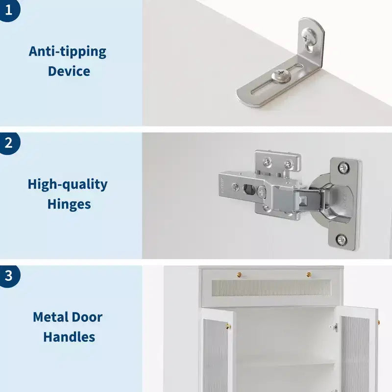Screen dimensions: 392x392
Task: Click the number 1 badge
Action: [8, 9]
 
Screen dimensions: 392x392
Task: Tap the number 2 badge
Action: [8, 143]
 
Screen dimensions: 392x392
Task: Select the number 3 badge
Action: [8, 276]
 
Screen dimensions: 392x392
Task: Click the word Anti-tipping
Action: [68, 52]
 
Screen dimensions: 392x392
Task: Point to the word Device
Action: [69, 71]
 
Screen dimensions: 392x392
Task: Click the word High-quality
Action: [68, 185]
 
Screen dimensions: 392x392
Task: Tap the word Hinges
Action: [69, 204]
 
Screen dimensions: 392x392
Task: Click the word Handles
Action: [69, 337]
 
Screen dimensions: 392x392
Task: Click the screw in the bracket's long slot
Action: [281, 75]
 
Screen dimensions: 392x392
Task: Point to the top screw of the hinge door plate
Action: [343, 167]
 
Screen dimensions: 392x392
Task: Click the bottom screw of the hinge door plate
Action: [342, 240]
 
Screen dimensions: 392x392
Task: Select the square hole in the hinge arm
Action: [249, 189]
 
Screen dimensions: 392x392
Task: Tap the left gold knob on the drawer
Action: [240, 275]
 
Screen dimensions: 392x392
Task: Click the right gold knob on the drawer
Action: [309, 275]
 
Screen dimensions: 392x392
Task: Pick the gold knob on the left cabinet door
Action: [228, 326]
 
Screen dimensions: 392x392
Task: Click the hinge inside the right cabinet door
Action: [334, 327]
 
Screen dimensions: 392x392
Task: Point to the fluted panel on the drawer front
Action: [271, 288]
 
